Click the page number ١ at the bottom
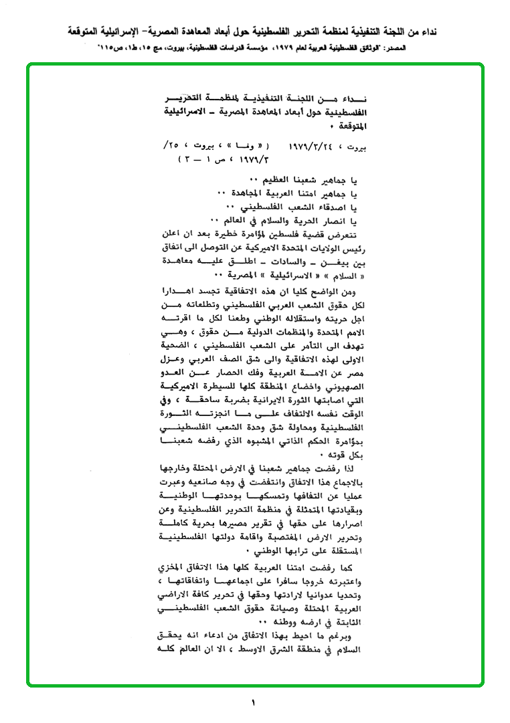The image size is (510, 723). [x=254, y=702]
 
